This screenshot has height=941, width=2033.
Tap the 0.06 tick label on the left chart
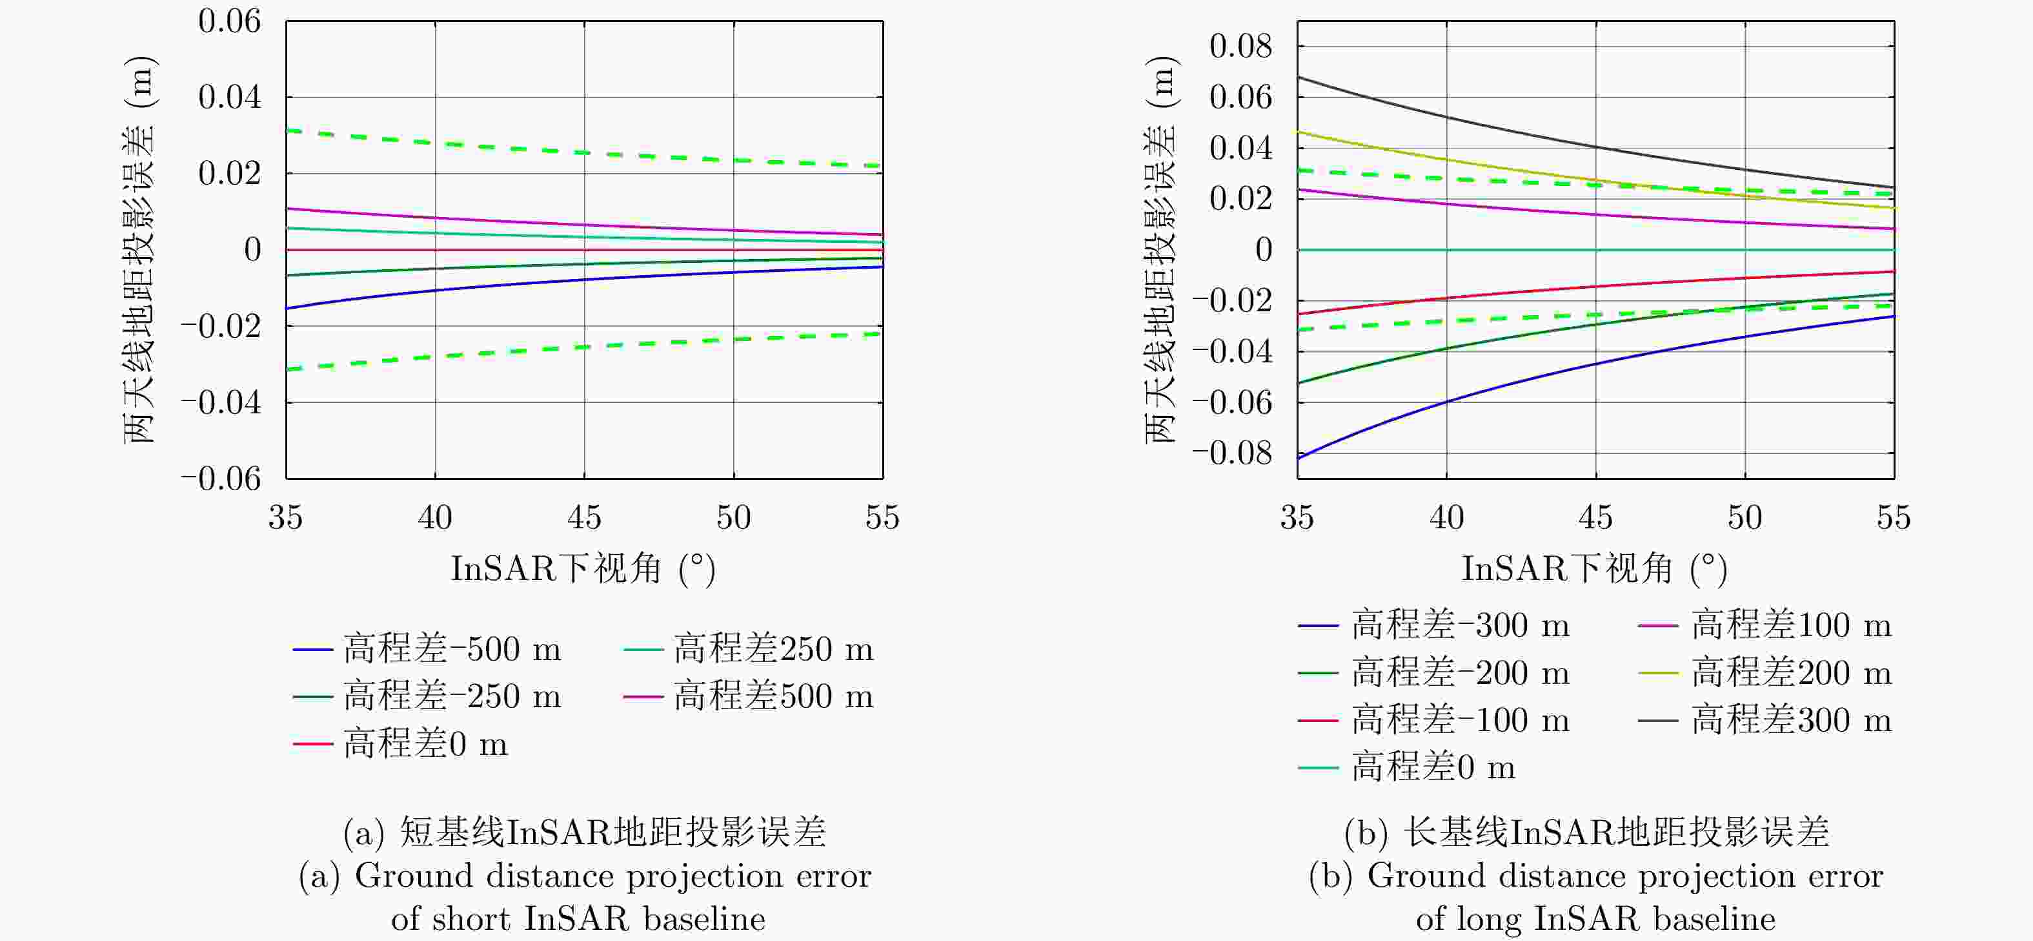[x=229, y=21]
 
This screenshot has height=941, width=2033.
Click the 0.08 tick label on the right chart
[x=1240, y=47]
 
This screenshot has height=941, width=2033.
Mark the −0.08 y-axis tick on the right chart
[x=1232, y=453]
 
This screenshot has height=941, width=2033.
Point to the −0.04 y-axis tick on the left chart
[x=220, y=402]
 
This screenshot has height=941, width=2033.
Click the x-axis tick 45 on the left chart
[x=584, y=518]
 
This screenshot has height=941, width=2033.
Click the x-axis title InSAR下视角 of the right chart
[x=1594, y=568]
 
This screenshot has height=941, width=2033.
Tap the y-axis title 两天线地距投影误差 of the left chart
[x=139, y=249]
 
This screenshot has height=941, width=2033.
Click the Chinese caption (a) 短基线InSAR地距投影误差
[x=585, y=832]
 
